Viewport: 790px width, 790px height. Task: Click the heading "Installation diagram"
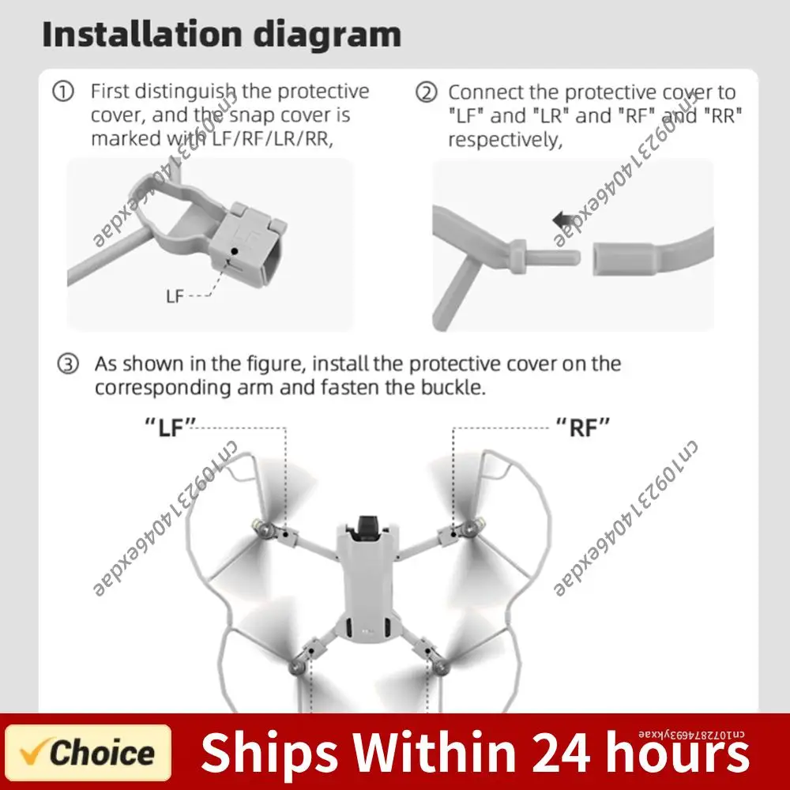pyautogui.click(x=221, y=35)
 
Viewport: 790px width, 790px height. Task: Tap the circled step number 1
pyautogui.click(x=62, y=92)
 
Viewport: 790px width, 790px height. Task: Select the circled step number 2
pyautogui.click(x=426, y=93)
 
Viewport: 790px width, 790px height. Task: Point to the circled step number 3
pyautogui.click(x=70, y=364)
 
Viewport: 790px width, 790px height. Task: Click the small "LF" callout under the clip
pyautogui.click(x=175, y=297)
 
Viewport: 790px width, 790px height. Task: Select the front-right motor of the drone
pyautogui.click(x=474, y=525)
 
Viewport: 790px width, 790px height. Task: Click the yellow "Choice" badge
pyautogui.click(x=88, y=753)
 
